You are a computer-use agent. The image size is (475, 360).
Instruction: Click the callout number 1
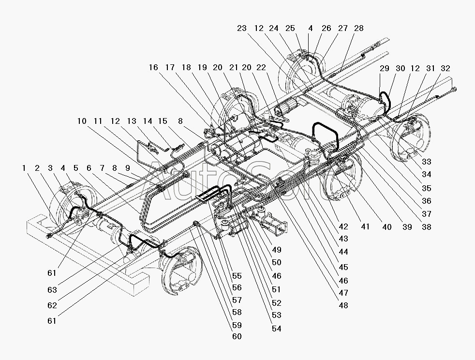24,168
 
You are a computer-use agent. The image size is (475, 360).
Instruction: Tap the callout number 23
242,29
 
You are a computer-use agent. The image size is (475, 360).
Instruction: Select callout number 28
358,29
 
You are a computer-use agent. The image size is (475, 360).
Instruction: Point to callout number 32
445,69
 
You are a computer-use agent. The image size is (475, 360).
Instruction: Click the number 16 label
153,67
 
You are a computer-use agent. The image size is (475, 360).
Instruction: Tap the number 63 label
53,290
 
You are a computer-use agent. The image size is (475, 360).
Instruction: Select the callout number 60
237,336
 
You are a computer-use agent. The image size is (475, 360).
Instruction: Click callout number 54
276,329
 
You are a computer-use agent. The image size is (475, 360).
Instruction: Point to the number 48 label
343,305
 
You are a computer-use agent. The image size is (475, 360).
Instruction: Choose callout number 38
425,226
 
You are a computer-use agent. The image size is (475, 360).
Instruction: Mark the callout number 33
426,162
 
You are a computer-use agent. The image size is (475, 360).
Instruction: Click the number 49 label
276,250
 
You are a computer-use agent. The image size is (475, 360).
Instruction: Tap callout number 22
262,67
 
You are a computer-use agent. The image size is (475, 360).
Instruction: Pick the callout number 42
343,226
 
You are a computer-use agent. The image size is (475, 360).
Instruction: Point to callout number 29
384,69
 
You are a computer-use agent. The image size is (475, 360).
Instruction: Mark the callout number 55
237,276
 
